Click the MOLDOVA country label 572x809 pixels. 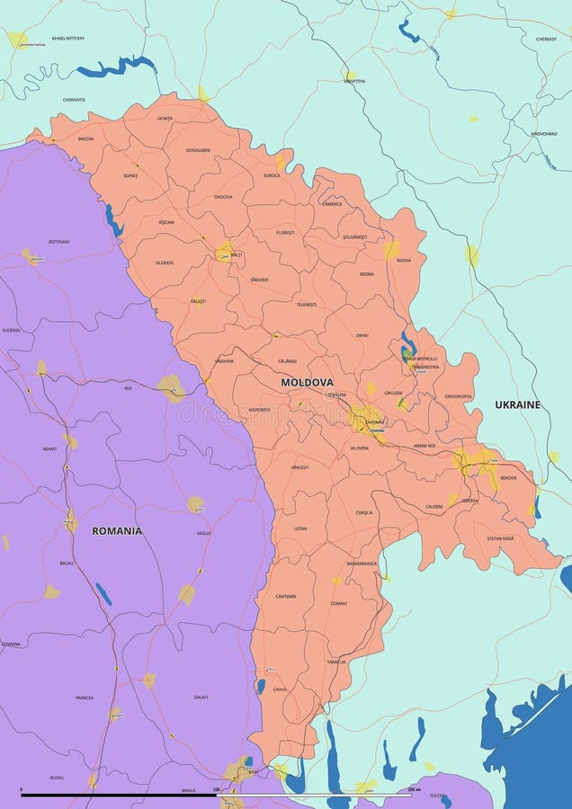point(307,382)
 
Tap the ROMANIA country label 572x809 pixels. point(117,530)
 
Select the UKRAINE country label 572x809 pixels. point(518,404)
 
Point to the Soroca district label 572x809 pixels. point(272,175)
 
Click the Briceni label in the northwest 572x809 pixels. point(85,138)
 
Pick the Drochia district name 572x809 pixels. point(223,197)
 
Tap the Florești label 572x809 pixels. point(285,233)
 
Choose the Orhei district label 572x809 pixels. point(362,335)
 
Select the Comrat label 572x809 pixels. point(338,603)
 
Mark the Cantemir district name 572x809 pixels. point(286,596)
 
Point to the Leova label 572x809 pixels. point(300,529)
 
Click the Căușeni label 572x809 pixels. point(434,506)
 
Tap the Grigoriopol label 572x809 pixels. point(458,396)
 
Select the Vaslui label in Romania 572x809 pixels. point(203,533)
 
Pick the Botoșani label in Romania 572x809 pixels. point(58,241)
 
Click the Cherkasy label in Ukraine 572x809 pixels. point(546,39)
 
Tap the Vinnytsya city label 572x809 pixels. point(354,81)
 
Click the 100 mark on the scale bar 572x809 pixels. point(216,789)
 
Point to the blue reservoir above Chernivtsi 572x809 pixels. point(117,66)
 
